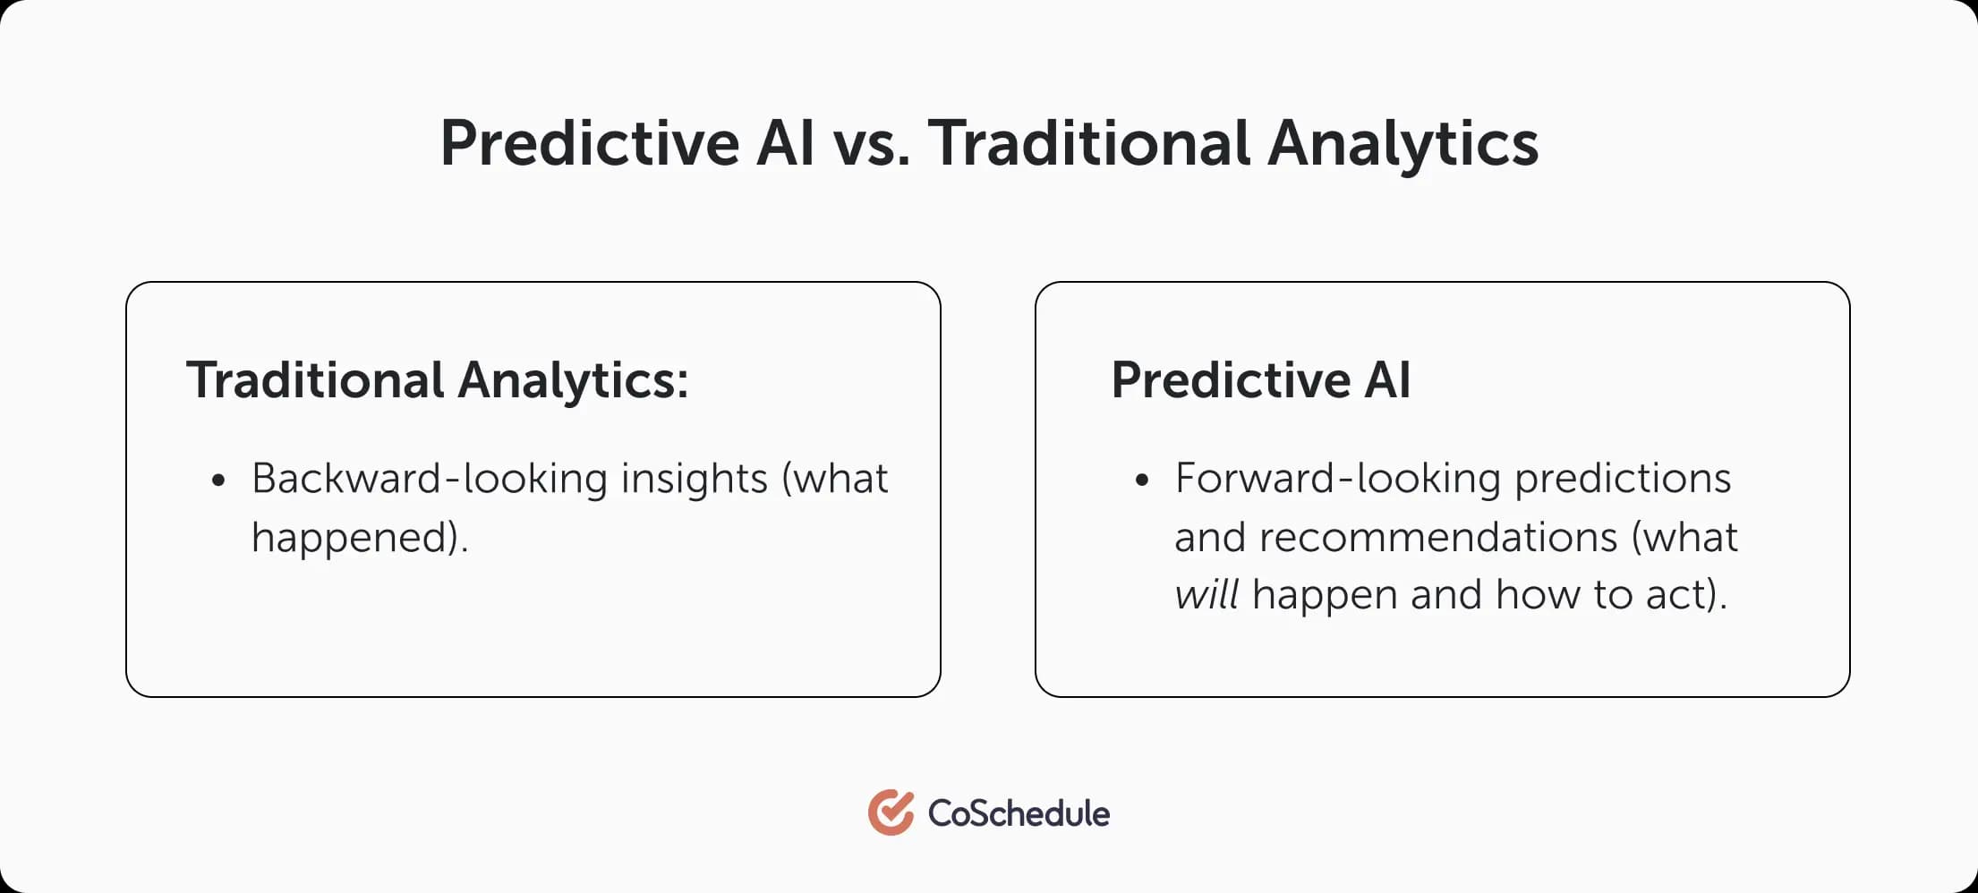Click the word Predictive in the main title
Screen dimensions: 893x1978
pyautogui.click(x=590, y=143)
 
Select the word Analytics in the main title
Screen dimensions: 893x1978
pyautogui.click(x=1403, y=143)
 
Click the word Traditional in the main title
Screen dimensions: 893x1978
pyautogui.click(x=1088, y=143)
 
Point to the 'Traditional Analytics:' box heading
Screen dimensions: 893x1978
pyautogui.click(x=438, y=380)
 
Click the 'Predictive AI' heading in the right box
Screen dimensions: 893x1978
pyautogui.click(x=1260, y=380)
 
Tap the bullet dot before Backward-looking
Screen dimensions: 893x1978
pyautogui.click(x=218, y=481)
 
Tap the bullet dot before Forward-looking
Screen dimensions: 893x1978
pyautogui.click(x=1141, y=481)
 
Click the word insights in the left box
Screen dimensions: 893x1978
pyautogui.click(x=695, y=479)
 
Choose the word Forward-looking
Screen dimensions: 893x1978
pyautogui.click(x=1337, y=479)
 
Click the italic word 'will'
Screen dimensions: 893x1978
pyautogui.click(x=1206, y=595)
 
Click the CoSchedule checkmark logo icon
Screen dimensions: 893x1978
pyautogui.click(x=891, y=812)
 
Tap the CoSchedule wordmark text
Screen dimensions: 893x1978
pyautogui.click(x=1019, y=813)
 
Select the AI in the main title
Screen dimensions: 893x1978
pyautogui.click(x=785, y=143)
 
